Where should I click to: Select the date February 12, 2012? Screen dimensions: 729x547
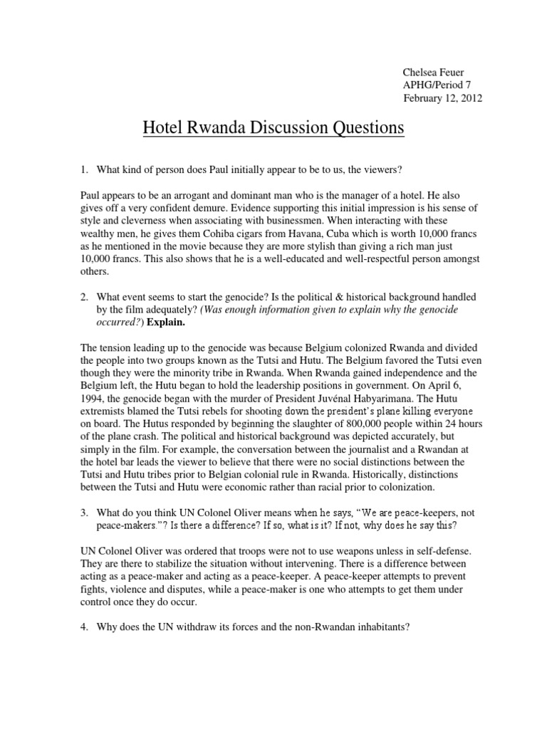tap(442, 99)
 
